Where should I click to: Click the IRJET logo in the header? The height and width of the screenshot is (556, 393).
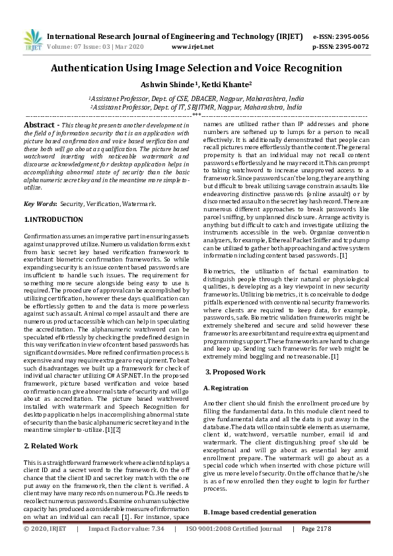click(33, 40)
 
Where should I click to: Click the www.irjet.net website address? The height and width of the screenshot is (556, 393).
click(192, 47)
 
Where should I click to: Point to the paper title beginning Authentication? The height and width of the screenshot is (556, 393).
click(196, 68)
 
